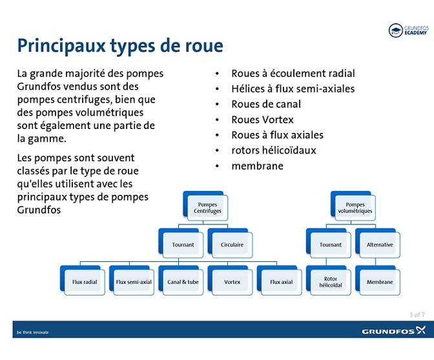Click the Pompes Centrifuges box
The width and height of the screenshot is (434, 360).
207,208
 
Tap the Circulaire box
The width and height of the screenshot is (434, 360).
232,245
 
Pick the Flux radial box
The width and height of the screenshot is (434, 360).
85,282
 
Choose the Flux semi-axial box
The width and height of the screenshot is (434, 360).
134,282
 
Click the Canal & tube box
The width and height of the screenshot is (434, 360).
183,282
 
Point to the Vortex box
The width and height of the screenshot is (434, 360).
232,282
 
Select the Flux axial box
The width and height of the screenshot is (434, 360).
281,282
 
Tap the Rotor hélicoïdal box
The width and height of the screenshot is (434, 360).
330,282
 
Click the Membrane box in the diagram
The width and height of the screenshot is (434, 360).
379,282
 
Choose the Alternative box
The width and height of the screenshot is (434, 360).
379,245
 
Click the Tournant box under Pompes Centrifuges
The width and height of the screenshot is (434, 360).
183,245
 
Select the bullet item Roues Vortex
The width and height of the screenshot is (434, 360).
262,119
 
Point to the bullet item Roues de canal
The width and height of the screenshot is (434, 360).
266,104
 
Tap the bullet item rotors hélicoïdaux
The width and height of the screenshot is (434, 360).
274,150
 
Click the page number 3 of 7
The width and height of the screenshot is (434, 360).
417,315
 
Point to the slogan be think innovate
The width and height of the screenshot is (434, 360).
32,332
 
